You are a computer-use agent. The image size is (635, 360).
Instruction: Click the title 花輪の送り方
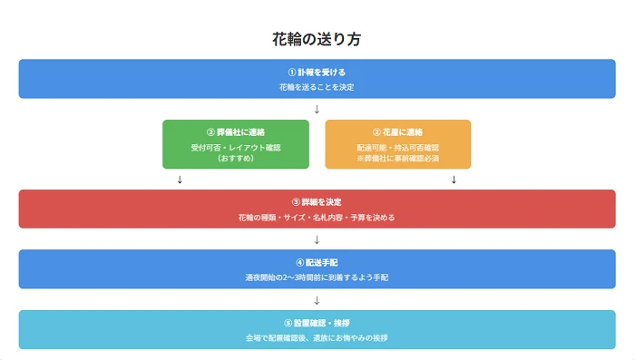click(317, 40)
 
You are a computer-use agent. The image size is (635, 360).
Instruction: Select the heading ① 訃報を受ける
click(317, 72)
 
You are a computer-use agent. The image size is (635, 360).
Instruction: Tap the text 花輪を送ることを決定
click(317, 87)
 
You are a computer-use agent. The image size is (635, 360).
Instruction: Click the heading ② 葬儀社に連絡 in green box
click(235, 132)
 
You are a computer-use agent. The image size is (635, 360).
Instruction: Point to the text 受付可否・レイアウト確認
click(235, 146)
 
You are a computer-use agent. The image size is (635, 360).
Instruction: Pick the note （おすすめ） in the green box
click(235, 158)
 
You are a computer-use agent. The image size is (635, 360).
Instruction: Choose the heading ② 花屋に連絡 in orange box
click(397, 132)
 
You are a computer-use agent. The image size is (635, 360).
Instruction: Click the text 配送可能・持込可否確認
click(397, 146)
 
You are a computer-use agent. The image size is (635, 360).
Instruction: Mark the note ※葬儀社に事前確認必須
click(397, 158)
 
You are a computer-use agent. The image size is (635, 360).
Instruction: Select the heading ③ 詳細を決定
click(317, 201)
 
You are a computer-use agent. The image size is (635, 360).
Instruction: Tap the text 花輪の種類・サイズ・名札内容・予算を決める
click(317, 218)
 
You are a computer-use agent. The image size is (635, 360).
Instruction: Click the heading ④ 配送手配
click(317, 262)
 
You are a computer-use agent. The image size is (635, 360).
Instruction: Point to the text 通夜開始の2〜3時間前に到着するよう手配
click(317, 277)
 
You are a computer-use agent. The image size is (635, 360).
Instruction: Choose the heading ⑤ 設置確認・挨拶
click(317, 323)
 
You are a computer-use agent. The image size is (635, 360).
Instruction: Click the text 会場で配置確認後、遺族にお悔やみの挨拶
click(317, 338)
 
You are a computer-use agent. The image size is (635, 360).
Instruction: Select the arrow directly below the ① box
click(317, 110)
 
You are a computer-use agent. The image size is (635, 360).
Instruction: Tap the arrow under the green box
click(181, 180)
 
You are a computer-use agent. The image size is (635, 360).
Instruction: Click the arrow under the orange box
click(453, 180)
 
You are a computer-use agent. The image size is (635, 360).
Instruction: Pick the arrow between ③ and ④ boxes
click(317, 240)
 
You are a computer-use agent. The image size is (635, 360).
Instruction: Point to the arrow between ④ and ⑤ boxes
click(317, 300)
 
